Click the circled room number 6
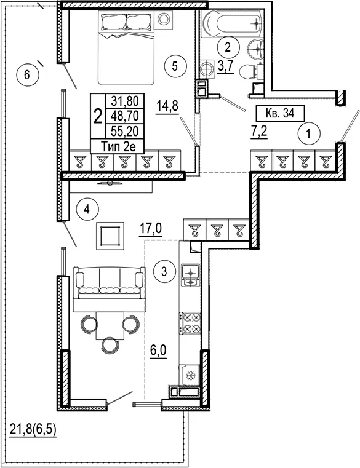coord(27,74)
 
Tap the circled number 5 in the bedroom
coord(175,66)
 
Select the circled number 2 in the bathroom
coord(228,47)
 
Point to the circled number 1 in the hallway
coord(308,133)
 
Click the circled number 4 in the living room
coord(87,210)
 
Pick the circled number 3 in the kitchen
coord(164,271)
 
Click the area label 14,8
coord(167,106)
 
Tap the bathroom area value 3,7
coord(225,66)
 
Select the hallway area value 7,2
coord(258,132)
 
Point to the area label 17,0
coord(151,229)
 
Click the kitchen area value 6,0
coord(158,351)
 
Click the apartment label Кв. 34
coord(280,113)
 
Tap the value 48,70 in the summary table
coord(124,116)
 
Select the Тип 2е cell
coord(118,146)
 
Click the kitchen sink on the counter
coord(190,275)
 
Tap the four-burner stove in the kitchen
coord(190,323)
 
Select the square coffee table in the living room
coord(110,236)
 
